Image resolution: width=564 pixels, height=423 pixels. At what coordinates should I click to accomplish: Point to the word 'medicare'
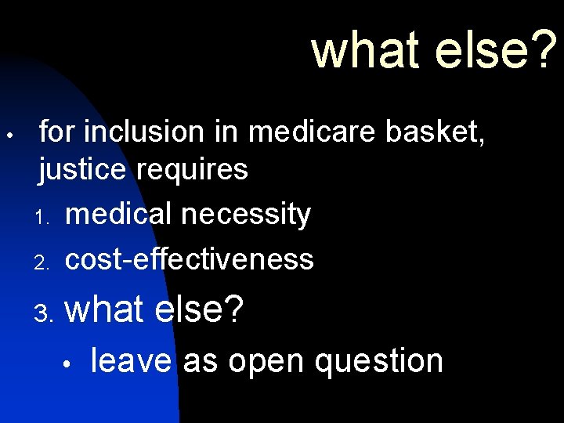[294, 132]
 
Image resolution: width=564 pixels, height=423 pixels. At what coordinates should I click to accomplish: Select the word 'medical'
[119, 214]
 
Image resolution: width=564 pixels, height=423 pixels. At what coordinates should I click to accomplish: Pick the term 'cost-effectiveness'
[190, 258]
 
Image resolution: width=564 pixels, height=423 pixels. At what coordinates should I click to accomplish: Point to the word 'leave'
[131, 361]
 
